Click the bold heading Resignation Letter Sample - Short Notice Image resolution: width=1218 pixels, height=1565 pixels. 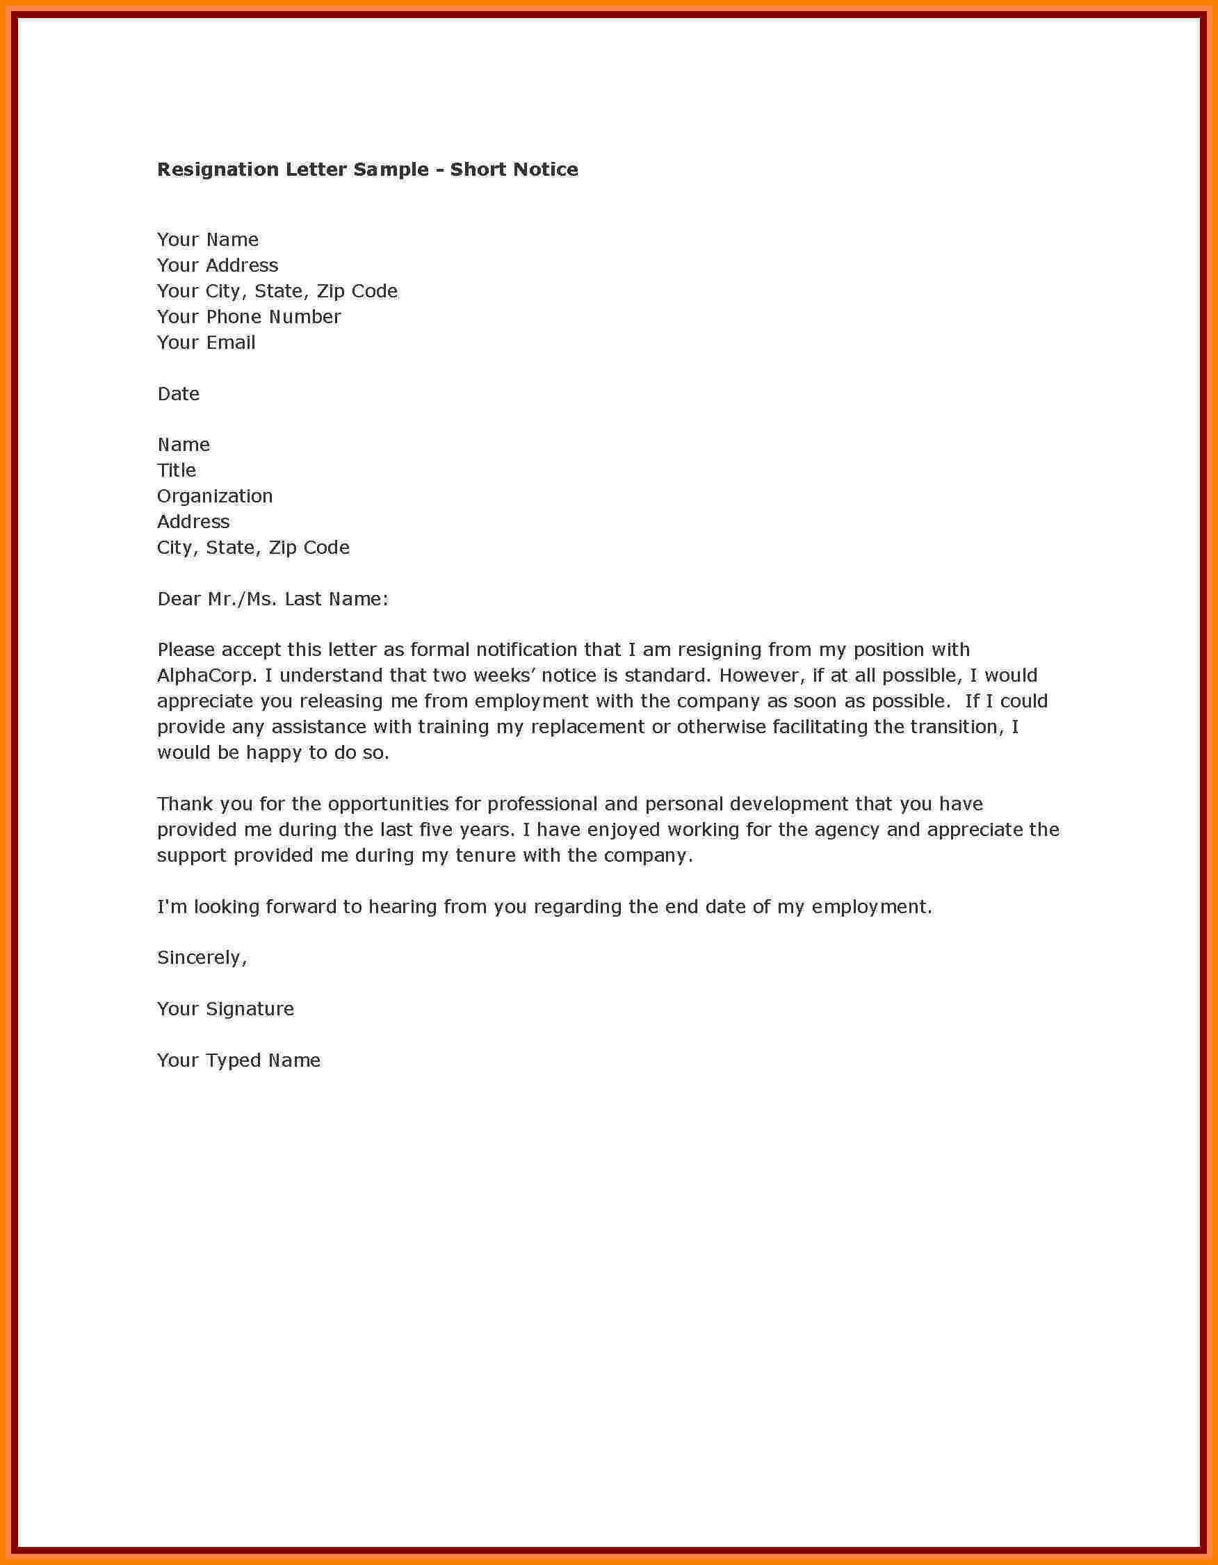point(367,170)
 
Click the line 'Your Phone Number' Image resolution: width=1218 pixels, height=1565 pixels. point(249,317)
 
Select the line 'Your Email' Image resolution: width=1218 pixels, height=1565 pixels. point(206,343)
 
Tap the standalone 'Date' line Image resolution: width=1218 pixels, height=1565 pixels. point(178,394)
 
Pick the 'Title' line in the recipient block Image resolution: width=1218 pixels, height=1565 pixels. point(177,470)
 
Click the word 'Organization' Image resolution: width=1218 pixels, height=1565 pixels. point(214,497)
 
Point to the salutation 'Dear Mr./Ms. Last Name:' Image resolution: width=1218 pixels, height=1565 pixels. point(273,599)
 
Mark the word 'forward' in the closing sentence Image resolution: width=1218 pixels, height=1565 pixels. point(300,907)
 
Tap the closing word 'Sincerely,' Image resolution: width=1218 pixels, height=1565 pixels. point(202,958)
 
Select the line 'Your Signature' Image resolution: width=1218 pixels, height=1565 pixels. point(225,1010)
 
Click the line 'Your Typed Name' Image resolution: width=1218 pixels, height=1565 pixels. point(238,1060)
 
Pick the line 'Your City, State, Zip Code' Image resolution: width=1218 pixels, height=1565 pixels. point(277,291)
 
